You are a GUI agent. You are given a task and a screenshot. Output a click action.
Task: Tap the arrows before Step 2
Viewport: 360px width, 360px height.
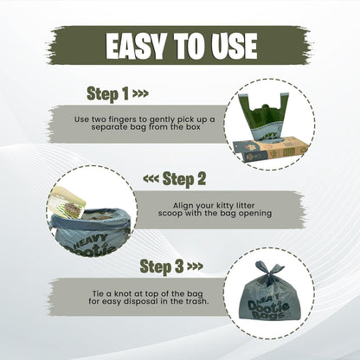point(150,181)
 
